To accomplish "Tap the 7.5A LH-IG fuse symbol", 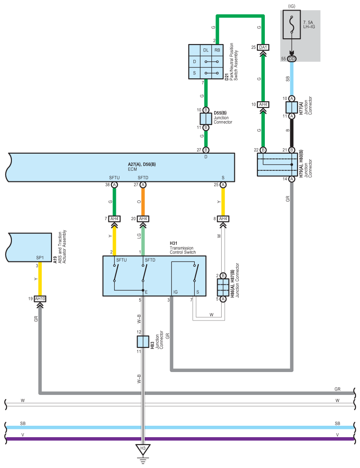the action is (x=292, y=25).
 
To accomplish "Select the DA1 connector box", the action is (x=263, y=48).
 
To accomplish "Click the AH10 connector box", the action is (x=40, y=299).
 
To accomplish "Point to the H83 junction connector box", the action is (x=143, y=342).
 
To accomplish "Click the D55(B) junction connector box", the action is (x=206, y=119).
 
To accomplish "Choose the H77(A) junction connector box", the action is (x=292, y=107).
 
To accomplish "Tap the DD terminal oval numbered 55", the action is (x=292, y=59).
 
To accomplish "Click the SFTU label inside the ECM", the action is (x=114, y=177).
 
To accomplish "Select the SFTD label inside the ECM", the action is (x=143, y=177).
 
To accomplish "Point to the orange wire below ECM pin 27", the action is (x=143, y=202).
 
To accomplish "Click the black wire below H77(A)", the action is (x=292, y=133).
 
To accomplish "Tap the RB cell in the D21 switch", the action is (x=217, y=50).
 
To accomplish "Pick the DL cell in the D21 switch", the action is (x=206, y=50).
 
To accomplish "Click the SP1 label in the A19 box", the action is (x=40, y=258).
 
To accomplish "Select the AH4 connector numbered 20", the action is (x=143, y=219).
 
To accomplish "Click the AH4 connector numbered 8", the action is (x=223, y=219).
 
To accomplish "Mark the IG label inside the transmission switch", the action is (x=175, y=292).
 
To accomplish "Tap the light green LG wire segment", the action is (x=143, y=242).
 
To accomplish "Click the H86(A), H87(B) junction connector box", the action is (x=223, y=287).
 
